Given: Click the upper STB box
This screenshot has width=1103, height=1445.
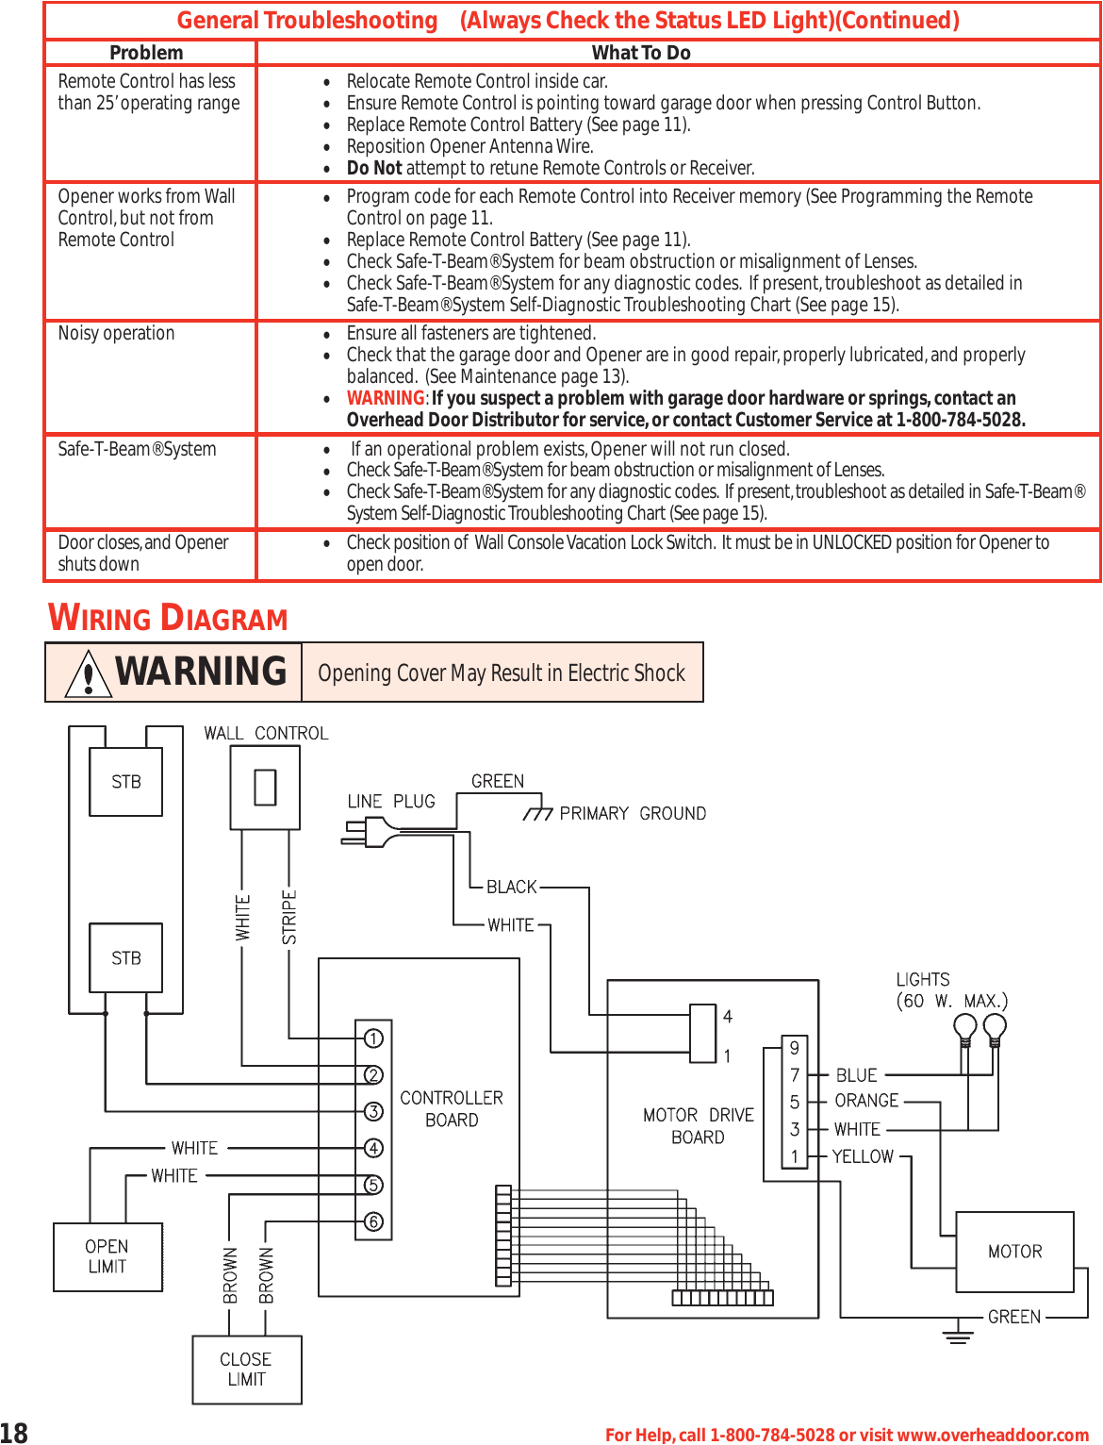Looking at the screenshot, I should (125, 782).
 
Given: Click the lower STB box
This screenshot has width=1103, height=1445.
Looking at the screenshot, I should (125, 958).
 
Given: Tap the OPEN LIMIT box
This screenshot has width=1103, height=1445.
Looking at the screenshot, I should (107, 1257).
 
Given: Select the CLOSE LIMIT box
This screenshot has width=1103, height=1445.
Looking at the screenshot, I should (246, 1370).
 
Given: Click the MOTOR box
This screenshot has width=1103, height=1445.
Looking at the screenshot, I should (1014, 1252).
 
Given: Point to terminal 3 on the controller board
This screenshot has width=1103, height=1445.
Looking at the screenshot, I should (374, 1112).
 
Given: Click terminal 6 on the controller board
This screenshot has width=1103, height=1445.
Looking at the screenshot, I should (374, 1222).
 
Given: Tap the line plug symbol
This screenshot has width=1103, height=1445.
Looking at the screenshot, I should (369, 831).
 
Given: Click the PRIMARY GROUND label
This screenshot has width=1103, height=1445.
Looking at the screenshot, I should (632, 814).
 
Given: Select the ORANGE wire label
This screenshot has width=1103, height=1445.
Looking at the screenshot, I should (866, 1101).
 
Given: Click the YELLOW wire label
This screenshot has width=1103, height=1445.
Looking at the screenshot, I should (863, 1156).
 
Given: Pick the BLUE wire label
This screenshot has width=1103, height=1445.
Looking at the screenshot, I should (856, 1075).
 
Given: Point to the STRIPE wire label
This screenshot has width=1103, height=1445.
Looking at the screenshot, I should (289, 917).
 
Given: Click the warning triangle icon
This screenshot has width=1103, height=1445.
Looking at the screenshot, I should (88, 673).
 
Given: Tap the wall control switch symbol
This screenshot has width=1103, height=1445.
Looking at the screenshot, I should (265, 788).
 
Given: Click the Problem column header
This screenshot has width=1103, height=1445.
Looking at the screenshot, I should (146, 53).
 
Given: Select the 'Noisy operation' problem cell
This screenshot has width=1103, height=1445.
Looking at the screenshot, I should (116, 334).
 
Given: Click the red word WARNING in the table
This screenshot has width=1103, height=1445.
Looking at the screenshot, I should (386, 398).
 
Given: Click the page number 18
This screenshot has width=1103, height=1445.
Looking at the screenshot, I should (14, 1433).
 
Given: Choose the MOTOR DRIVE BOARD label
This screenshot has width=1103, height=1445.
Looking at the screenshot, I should (698, 1126).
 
